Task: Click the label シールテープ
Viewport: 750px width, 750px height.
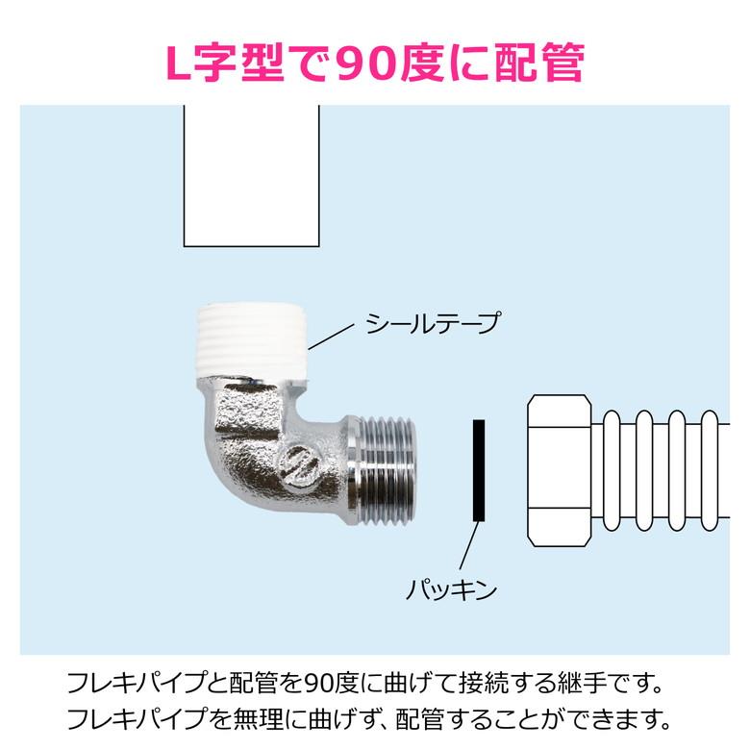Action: click(433, 323)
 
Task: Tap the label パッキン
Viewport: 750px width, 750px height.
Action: click(451, 589)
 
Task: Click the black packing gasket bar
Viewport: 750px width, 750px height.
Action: click(479, 470)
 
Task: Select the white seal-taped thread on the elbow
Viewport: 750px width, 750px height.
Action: click(252, 340)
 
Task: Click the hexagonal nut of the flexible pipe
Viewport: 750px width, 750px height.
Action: click(560, 470)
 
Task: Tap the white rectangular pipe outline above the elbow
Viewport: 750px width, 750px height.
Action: click(252, 176)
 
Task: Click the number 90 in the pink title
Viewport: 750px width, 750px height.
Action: click(367, 63)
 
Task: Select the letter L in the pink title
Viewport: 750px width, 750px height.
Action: click(179, 63)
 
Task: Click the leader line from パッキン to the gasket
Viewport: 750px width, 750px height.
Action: click(469, 545)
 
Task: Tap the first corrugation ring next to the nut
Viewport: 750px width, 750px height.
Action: click(612, 470)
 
